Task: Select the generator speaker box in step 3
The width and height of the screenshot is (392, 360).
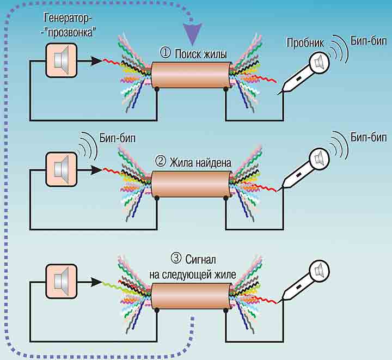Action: (61, 281)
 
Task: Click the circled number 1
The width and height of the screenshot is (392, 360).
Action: (166, 53)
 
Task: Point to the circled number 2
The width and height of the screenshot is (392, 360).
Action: (161, 162)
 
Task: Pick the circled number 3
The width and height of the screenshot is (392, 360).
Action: (176, 258)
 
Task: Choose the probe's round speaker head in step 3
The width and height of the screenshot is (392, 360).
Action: (318, 270)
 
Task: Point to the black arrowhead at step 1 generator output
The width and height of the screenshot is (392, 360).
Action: (96, 61)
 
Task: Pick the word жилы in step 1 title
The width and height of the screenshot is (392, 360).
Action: (215, 53)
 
